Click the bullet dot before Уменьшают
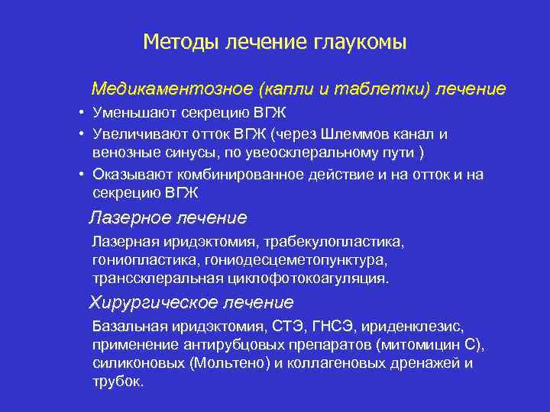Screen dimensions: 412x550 (x=80, y=114)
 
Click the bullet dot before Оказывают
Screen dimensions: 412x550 (x=80, y=175)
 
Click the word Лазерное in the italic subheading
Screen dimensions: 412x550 (x=131, y=218)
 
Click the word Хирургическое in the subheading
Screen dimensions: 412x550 (x=153, y=302)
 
